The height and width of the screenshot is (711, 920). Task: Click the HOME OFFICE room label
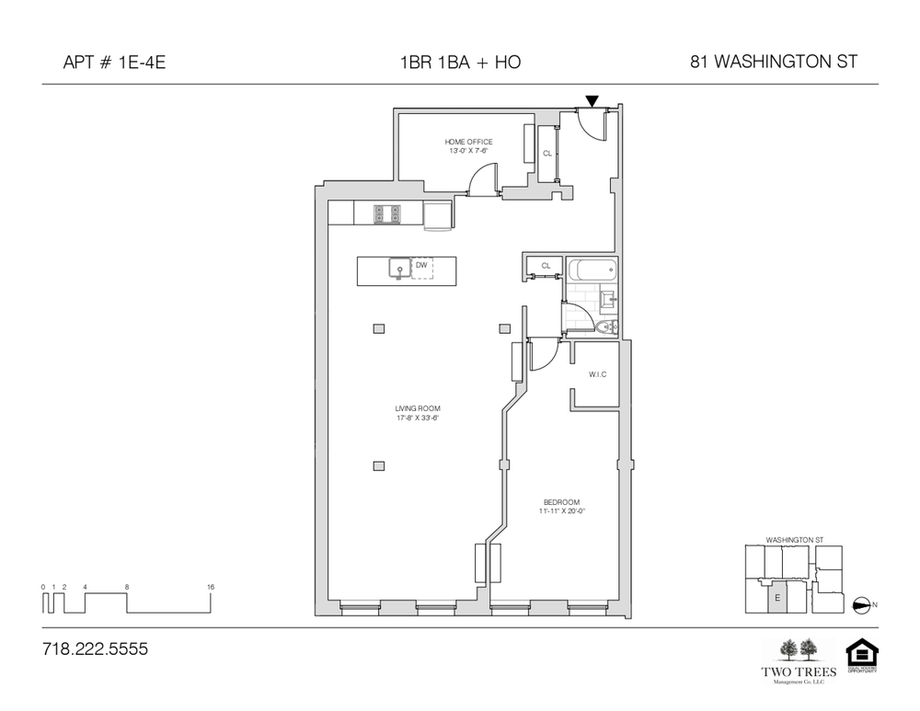coord(468,142)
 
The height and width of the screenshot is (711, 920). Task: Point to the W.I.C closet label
coord(597,374)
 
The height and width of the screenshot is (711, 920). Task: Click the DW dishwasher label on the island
coord(421,265)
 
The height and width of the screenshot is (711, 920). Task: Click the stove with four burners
coord(386,213)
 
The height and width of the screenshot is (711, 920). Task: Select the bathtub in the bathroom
coord(591,271)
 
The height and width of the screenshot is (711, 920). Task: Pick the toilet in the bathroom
coord(606,327)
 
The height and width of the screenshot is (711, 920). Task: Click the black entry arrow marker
coord(592,100)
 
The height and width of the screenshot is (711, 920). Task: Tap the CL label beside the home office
coord(546,154)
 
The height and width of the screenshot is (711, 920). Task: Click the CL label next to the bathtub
coord(546,265)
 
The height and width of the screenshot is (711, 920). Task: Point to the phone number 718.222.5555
coord(95,648)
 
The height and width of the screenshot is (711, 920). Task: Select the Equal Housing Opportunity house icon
coord(862,654)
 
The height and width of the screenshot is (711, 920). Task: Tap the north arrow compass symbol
coord(862,604)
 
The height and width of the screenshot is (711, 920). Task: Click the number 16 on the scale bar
coord(211,586)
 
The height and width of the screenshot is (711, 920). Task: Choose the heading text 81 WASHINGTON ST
coord(773,63)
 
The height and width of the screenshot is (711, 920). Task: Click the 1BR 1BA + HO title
coord(459,63)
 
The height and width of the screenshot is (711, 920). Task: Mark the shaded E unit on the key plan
coord(776,598)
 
